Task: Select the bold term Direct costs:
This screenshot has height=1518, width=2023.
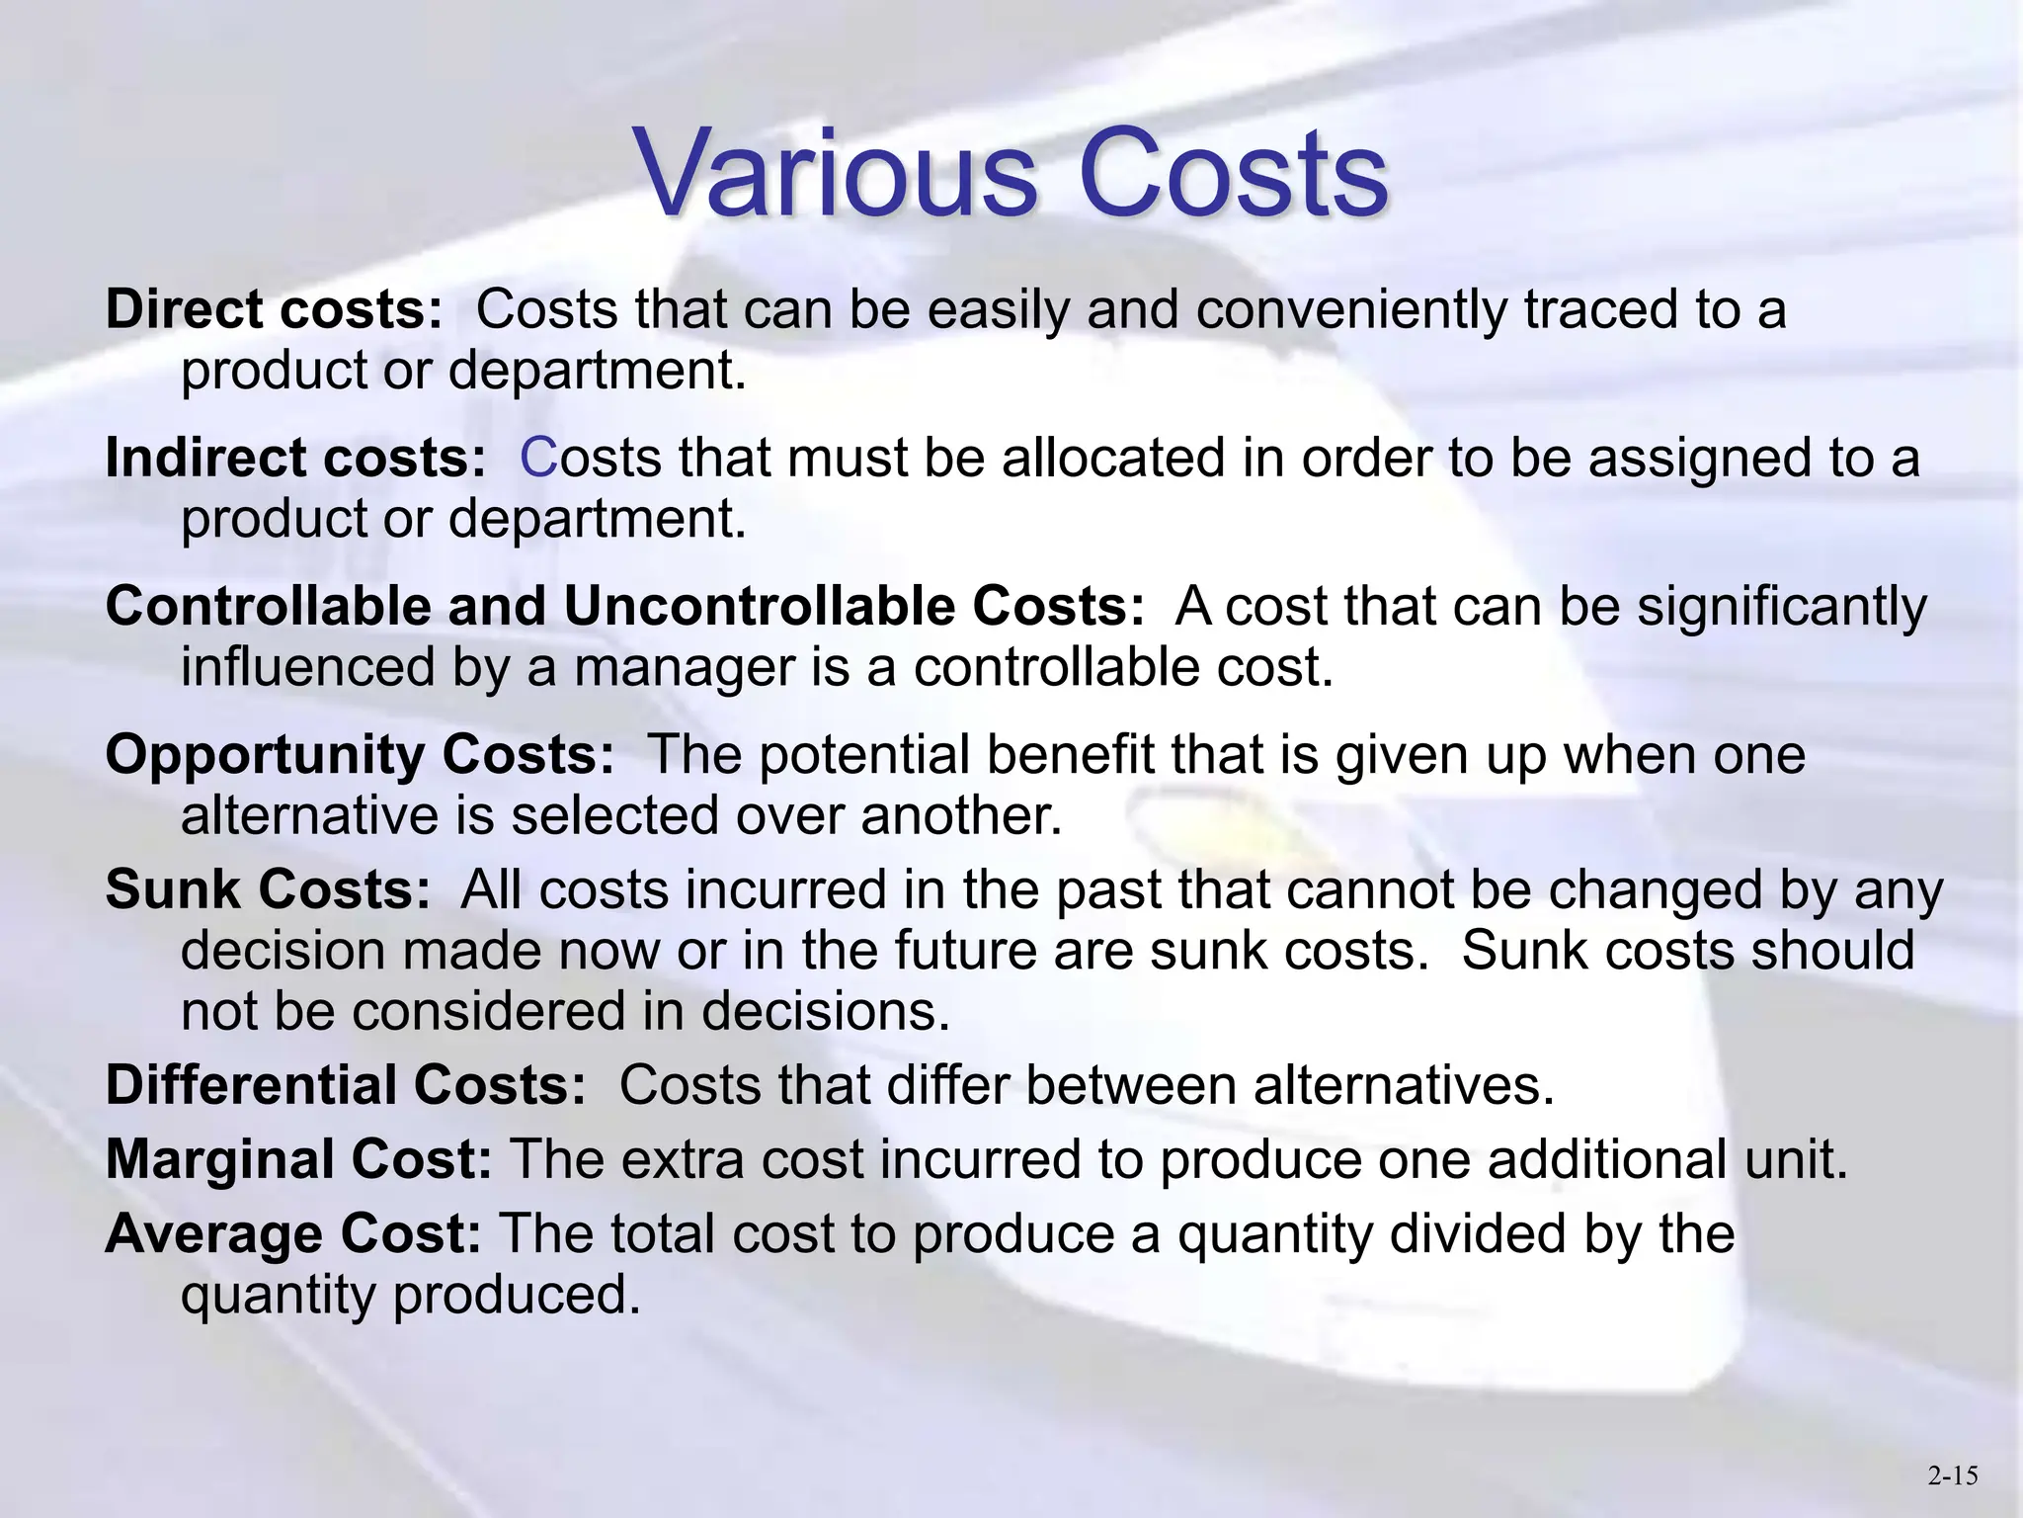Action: [x=274, y=309]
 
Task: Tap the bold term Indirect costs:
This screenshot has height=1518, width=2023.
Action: [x=295, y=458]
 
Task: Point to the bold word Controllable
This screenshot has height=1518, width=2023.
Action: [x=269, y=606]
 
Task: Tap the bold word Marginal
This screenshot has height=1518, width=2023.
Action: [x=220, y=1159]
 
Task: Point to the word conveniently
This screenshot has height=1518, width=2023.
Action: [x=1351, y=310]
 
